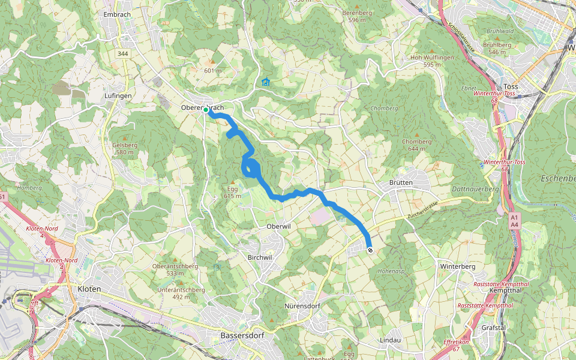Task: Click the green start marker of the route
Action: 206,110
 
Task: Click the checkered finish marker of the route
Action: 370,250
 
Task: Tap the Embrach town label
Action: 117,14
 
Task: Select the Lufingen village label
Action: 118,95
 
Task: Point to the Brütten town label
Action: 401,182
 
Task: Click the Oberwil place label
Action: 278,227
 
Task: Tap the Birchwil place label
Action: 260,256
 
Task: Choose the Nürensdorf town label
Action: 302,306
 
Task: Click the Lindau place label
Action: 390,340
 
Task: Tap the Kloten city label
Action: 89,289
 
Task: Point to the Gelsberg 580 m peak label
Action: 125,148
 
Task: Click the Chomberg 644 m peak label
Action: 416,145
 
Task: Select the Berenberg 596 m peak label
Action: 357,16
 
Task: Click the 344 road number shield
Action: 123,53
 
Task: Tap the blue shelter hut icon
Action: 266,82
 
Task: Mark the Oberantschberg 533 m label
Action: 175,269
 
